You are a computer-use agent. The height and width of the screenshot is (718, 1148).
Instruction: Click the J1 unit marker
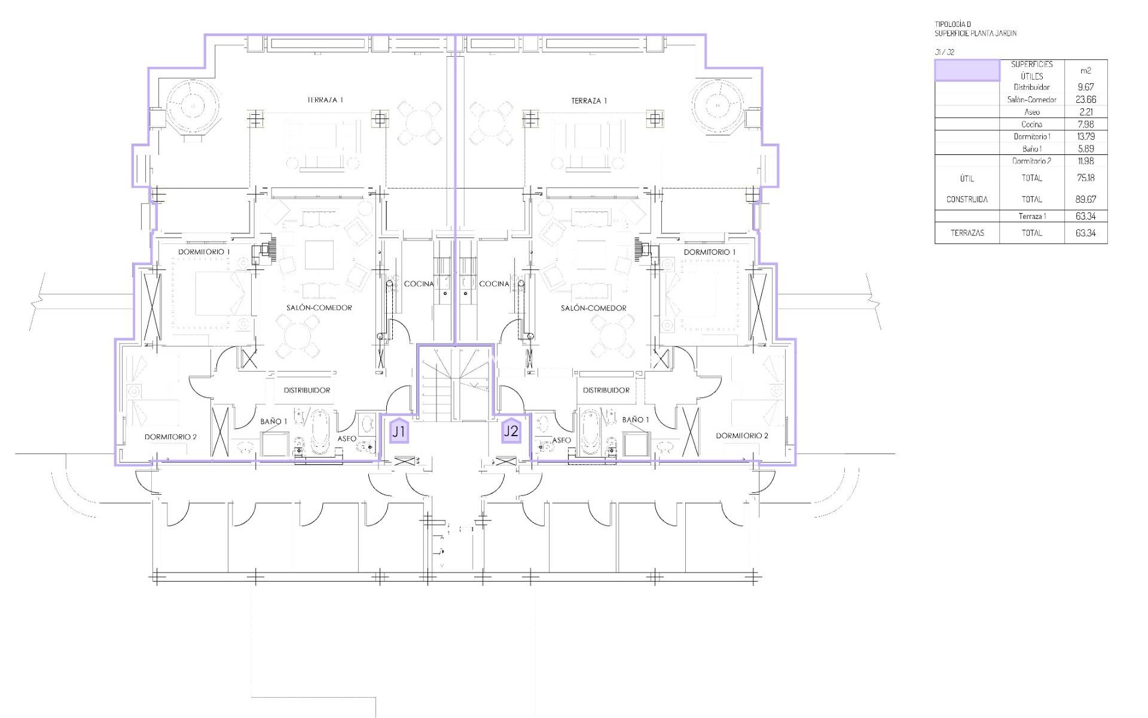[399, 431]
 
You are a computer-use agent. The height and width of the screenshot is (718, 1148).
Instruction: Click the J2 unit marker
[511, 431]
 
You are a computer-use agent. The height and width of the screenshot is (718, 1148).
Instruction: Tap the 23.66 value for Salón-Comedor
[1086, 100]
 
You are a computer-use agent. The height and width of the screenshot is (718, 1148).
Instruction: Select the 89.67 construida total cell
[1086, 199]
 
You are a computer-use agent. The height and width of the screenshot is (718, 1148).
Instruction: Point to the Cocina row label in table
[1032, 124]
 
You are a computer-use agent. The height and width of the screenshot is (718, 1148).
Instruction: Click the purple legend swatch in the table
[967, 70]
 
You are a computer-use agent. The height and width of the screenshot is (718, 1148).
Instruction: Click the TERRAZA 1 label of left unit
[325, 101]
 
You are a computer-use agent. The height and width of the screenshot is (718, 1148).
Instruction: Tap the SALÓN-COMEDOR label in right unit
[594, 308]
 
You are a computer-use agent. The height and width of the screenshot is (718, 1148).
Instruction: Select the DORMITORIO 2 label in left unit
[170, 437]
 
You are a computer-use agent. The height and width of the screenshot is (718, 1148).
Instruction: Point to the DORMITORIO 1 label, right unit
[710, 252]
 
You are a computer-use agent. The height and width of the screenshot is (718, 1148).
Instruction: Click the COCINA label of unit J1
[419, 284]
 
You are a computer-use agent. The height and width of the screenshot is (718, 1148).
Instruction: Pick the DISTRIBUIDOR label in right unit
[606, 390]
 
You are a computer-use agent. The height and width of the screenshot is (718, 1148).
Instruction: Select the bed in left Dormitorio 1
[221, 294]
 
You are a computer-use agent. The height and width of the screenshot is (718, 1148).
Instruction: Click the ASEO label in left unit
[347, 439]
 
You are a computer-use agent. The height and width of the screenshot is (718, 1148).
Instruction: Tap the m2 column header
[1086, 71]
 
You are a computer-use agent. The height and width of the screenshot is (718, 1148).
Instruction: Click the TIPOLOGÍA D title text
[952, 25]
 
